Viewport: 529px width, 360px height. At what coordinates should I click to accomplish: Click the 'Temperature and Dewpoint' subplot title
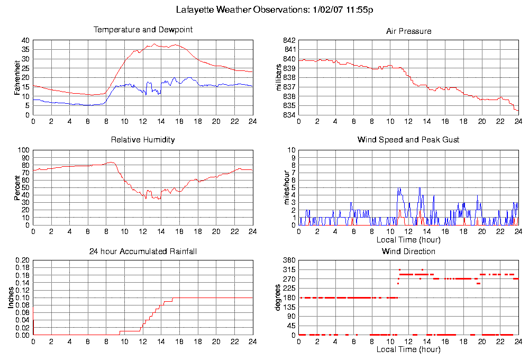[x=143, y=30]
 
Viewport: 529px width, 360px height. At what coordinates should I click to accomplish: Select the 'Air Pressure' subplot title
[x=408, y=31]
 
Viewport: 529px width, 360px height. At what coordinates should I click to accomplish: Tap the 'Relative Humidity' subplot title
[x=143, y=140]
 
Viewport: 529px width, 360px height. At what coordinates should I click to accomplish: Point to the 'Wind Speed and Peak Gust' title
[x=408, y=140]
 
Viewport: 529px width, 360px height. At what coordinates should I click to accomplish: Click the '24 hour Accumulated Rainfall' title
[x=143, y=251]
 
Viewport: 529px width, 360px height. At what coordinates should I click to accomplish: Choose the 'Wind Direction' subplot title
[x=408, y=251]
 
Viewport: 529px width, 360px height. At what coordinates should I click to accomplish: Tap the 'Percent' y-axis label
[x=17, y=188]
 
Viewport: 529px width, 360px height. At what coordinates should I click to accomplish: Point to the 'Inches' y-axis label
[x=11, y=298]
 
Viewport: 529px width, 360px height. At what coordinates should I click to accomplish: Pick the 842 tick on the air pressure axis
[x=289, y=40]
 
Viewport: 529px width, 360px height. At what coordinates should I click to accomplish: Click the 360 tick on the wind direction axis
[x=289, y=260]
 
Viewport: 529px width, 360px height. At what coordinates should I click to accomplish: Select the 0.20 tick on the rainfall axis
[x=23, y=260]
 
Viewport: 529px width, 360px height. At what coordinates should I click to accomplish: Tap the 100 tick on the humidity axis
[x=24, y=150]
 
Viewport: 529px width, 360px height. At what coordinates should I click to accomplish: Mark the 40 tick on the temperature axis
[x=25, y=40]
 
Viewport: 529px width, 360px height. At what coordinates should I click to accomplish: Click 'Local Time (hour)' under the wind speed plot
[x=408, y=240]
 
